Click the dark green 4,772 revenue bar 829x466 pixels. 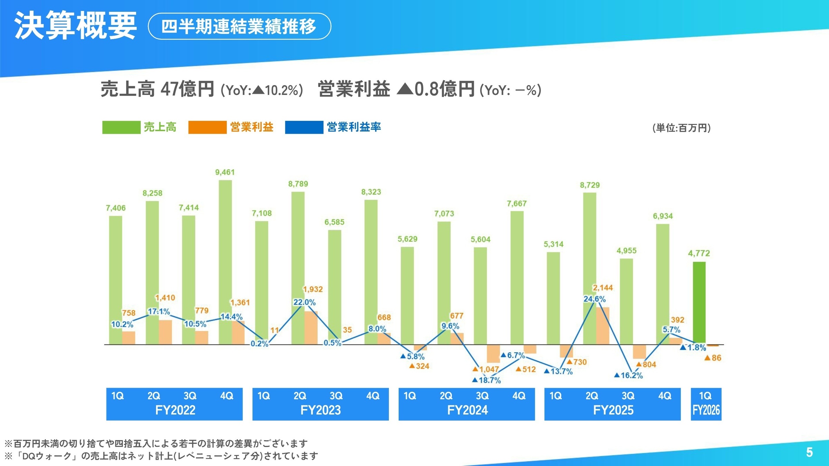(x=699, y=302)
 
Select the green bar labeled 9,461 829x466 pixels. (x=225, y=262)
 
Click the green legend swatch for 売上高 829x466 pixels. (x=121, y=127)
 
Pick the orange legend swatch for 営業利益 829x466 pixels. (x=207, y=127)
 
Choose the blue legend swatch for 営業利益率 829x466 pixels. (x=304, y=127)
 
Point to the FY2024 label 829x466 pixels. (x=467, y=410)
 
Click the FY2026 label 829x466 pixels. (x=706, y=410)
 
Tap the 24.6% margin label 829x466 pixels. (x=594, y=299)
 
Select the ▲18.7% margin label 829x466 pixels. (x=487, y=380)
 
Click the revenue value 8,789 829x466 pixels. (x=298, y=184)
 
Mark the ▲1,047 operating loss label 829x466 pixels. (x=486, y=369)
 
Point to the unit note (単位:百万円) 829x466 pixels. (x=682, y=128)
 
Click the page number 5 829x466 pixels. (x=809, y=452)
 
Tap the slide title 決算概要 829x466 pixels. (x=75, y=26)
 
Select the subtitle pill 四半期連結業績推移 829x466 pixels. (x=239, y=26)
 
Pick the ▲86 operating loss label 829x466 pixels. (x=713, y=358)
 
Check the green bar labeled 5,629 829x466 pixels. (x=407, y=295)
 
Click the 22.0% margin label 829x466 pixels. (x=304, y=302)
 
